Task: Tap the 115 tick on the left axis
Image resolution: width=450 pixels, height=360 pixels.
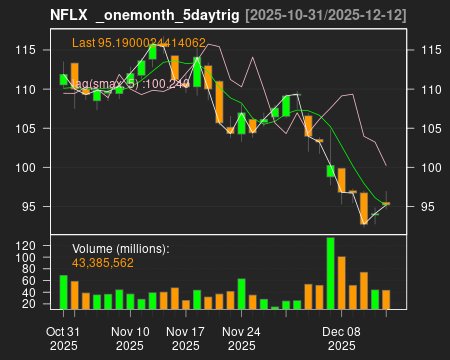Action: coord(31,50)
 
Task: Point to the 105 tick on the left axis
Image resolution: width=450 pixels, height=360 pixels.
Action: coord(31,128)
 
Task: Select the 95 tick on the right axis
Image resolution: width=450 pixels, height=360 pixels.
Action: coord(428,207)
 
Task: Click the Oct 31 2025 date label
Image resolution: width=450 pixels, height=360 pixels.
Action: coord(63,337)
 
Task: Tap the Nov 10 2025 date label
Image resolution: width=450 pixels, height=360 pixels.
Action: coord(129,337)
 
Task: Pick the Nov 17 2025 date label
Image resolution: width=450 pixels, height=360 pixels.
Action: coord(185,337)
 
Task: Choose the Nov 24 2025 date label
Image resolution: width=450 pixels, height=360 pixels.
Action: coord(241,337)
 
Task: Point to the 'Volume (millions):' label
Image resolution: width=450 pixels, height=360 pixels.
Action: coord(121,249)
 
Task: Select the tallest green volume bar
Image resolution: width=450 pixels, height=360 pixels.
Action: coord(330,273)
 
